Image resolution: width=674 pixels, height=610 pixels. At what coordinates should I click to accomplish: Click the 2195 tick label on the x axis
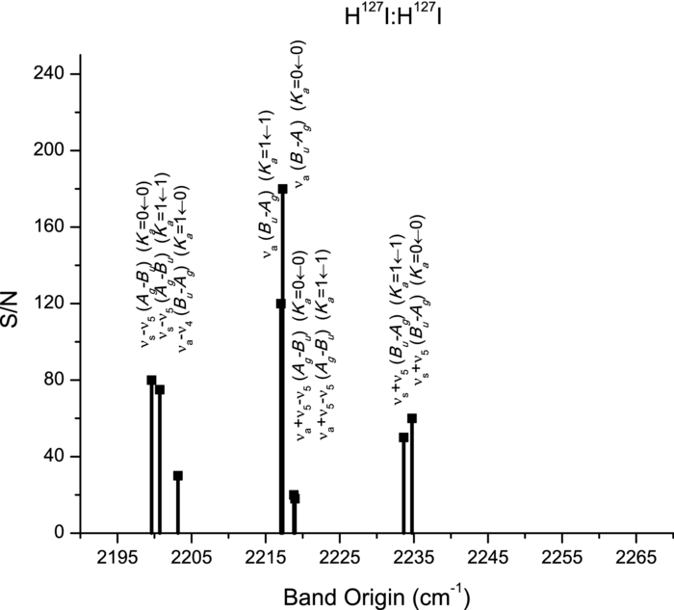[117, 556]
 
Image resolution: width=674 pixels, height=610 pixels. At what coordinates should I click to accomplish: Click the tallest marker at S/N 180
[283, 189]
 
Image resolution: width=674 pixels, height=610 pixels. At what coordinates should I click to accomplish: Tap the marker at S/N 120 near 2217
[280, 304]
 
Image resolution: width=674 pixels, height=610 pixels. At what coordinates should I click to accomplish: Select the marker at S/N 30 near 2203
[178, 475]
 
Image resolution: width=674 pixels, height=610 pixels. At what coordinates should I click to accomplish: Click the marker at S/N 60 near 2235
[412, 418]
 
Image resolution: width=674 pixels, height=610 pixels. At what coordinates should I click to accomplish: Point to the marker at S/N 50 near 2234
[403, 438]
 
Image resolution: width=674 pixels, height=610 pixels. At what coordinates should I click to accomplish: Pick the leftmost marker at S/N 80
[151, 380]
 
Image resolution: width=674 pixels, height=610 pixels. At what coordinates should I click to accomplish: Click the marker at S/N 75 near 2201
[160, 389]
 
